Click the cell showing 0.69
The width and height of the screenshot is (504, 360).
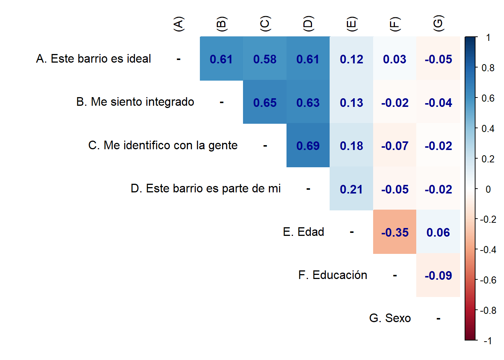308,145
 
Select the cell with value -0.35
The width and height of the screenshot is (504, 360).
394,232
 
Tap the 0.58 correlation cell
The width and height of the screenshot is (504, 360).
265,59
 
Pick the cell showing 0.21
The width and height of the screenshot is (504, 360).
351,189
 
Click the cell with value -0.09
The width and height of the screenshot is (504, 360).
438,276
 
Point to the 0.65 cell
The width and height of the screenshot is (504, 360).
265,102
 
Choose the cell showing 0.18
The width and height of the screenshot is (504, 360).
351,145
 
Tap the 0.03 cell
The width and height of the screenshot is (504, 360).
394,59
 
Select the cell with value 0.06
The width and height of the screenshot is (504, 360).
438,232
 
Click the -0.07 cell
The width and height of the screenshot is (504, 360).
394,145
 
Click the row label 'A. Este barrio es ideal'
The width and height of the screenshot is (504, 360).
93,59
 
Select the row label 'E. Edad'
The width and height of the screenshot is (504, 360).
303,232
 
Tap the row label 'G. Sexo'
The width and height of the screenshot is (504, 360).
390,318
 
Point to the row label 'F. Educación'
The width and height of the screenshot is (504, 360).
333,275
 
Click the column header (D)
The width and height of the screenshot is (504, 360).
308,24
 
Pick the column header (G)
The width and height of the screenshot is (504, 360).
438,24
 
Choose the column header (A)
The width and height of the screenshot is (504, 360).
178,24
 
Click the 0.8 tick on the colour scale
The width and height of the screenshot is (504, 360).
488,68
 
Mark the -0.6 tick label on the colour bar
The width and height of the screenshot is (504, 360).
488,280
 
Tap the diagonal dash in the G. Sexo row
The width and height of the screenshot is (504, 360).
438,319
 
